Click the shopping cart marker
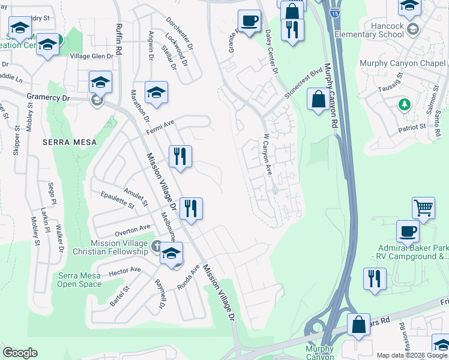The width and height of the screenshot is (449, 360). click(x=423, y=208)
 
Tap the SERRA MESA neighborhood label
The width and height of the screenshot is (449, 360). click(x=65, y=142)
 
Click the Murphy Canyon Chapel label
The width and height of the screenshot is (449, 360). click(x=403, y=64)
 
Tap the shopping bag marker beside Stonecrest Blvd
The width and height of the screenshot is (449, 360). click(x=318, y=99)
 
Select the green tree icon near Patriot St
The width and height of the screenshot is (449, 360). click(x=404, y=105)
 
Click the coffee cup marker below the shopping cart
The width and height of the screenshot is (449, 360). click(x=408, y=231)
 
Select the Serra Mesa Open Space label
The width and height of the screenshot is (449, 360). click(x=80, y=280)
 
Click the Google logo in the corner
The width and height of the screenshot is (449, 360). click(x=20, y=353)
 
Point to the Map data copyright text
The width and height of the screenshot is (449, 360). click(x=412, y=355)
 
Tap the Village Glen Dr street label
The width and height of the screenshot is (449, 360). click(x=92, y=56)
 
